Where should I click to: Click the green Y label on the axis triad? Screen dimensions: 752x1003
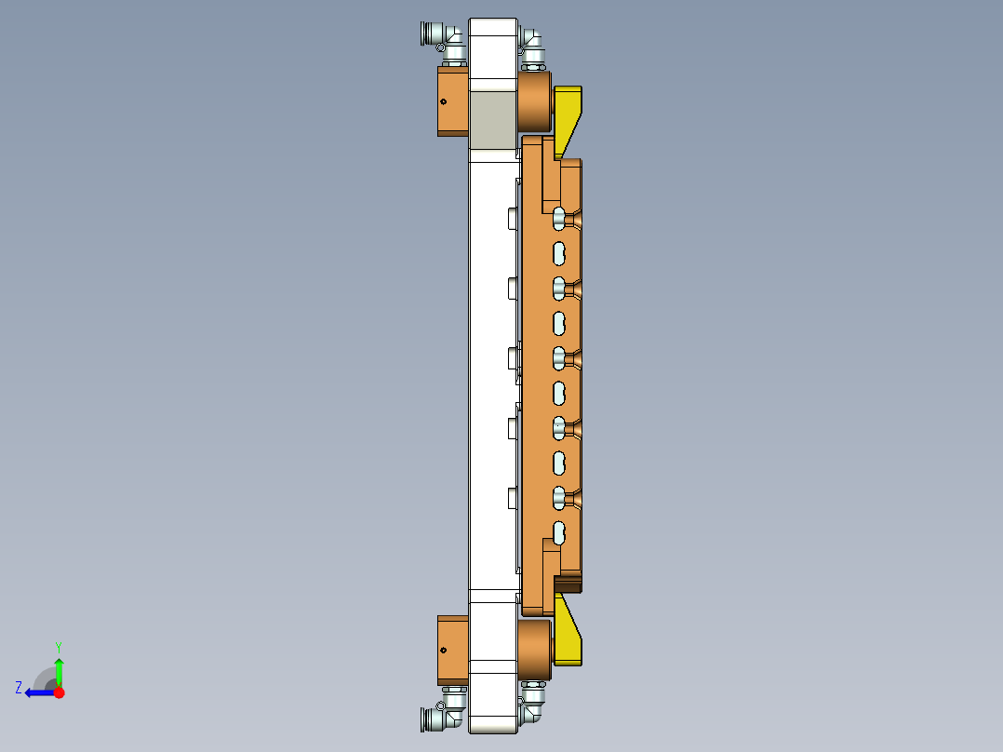58,646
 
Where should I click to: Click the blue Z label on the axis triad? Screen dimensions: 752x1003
19,688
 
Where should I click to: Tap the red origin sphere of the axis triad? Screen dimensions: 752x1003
59,692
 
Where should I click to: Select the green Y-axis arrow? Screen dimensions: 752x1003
59,671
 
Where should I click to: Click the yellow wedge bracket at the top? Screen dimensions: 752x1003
568,115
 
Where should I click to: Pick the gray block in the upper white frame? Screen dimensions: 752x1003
492,119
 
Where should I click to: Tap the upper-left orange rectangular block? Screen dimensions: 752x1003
453,101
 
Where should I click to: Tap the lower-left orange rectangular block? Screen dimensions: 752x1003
453,650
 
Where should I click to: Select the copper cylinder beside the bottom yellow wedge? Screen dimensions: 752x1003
534,644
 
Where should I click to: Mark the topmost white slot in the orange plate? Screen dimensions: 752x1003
559,218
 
